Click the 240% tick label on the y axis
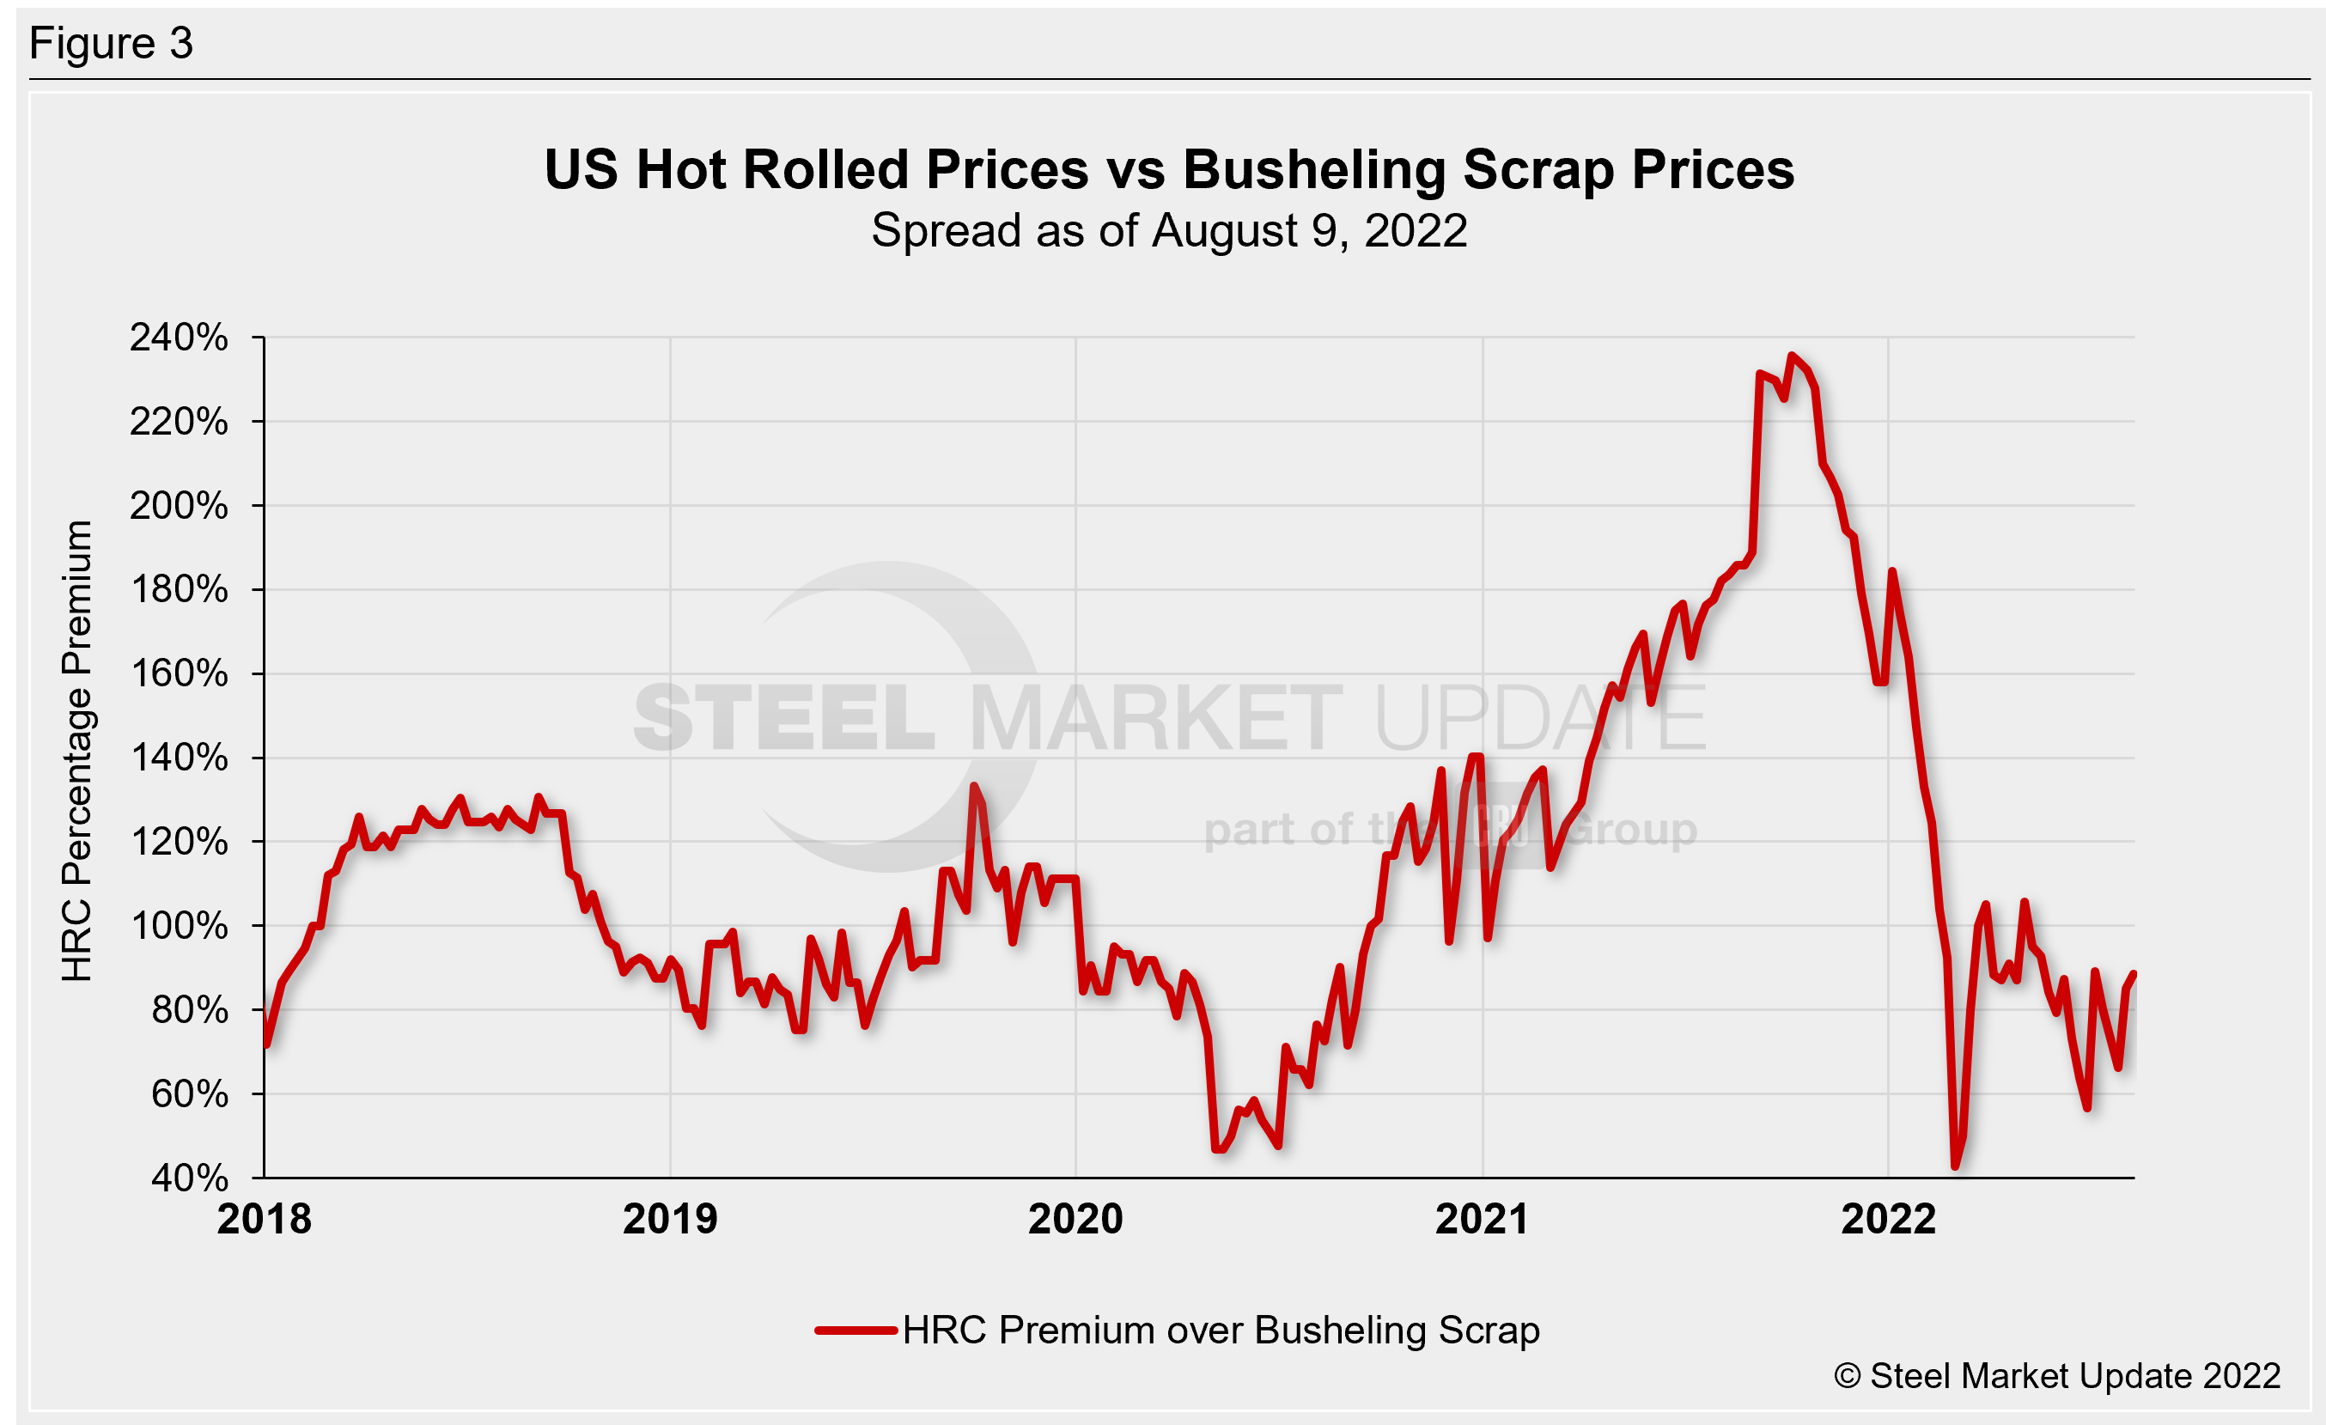click(179, 337)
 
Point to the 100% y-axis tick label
click(179, 926)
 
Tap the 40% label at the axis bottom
click(189, 1178)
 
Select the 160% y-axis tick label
click(179, 673)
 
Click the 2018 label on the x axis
click(264, 1219)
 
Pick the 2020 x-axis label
click(1075, 1219)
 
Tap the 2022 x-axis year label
click(1888, 1219)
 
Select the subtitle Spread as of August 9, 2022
click(1169, 230)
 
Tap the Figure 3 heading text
click(112, 44)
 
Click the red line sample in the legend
click(856, 1331)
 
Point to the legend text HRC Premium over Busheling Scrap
click(1221, 1331)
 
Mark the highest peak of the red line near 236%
click(1791, 356)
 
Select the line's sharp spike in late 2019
click(974, 785)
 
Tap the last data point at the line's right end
click(2134, 974)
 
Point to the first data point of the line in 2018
click(266, 1044)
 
